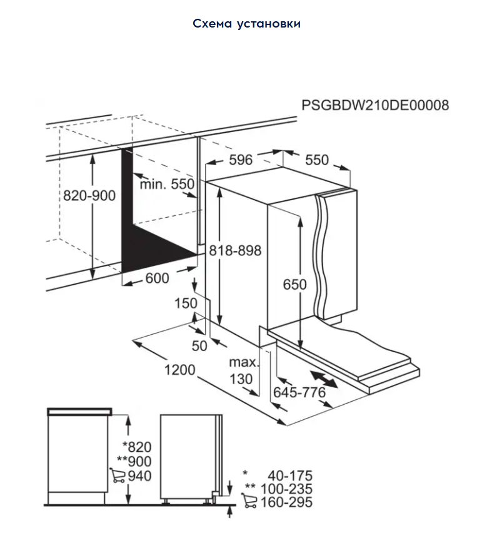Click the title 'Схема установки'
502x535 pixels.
246,24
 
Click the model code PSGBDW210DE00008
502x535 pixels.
375,105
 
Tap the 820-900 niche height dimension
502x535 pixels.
89,195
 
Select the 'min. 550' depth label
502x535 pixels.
167,184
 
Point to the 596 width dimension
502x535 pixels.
241,160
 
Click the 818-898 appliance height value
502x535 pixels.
235,250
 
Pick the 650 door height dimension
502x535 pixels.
294,284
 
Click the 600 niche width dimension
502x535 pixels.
157,278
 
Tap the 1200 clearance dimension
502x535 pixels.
179,370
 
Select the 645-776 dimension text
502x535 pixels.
299,392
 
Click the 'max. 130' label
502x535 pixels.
243,370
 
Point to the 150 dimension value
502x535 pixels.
186,303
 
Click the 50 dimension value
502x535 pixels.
199,345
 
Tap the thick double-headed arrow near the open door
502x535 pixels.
324,379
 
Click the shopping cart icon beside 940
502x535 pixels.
118,476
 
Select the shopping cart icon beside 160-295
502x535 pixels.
249,501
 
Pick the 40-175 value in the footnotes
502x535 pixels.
289,476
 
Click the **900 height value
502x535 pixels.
134,461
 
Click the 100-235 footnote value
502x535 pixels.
286,489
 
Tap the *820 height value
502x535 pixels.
137,447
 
